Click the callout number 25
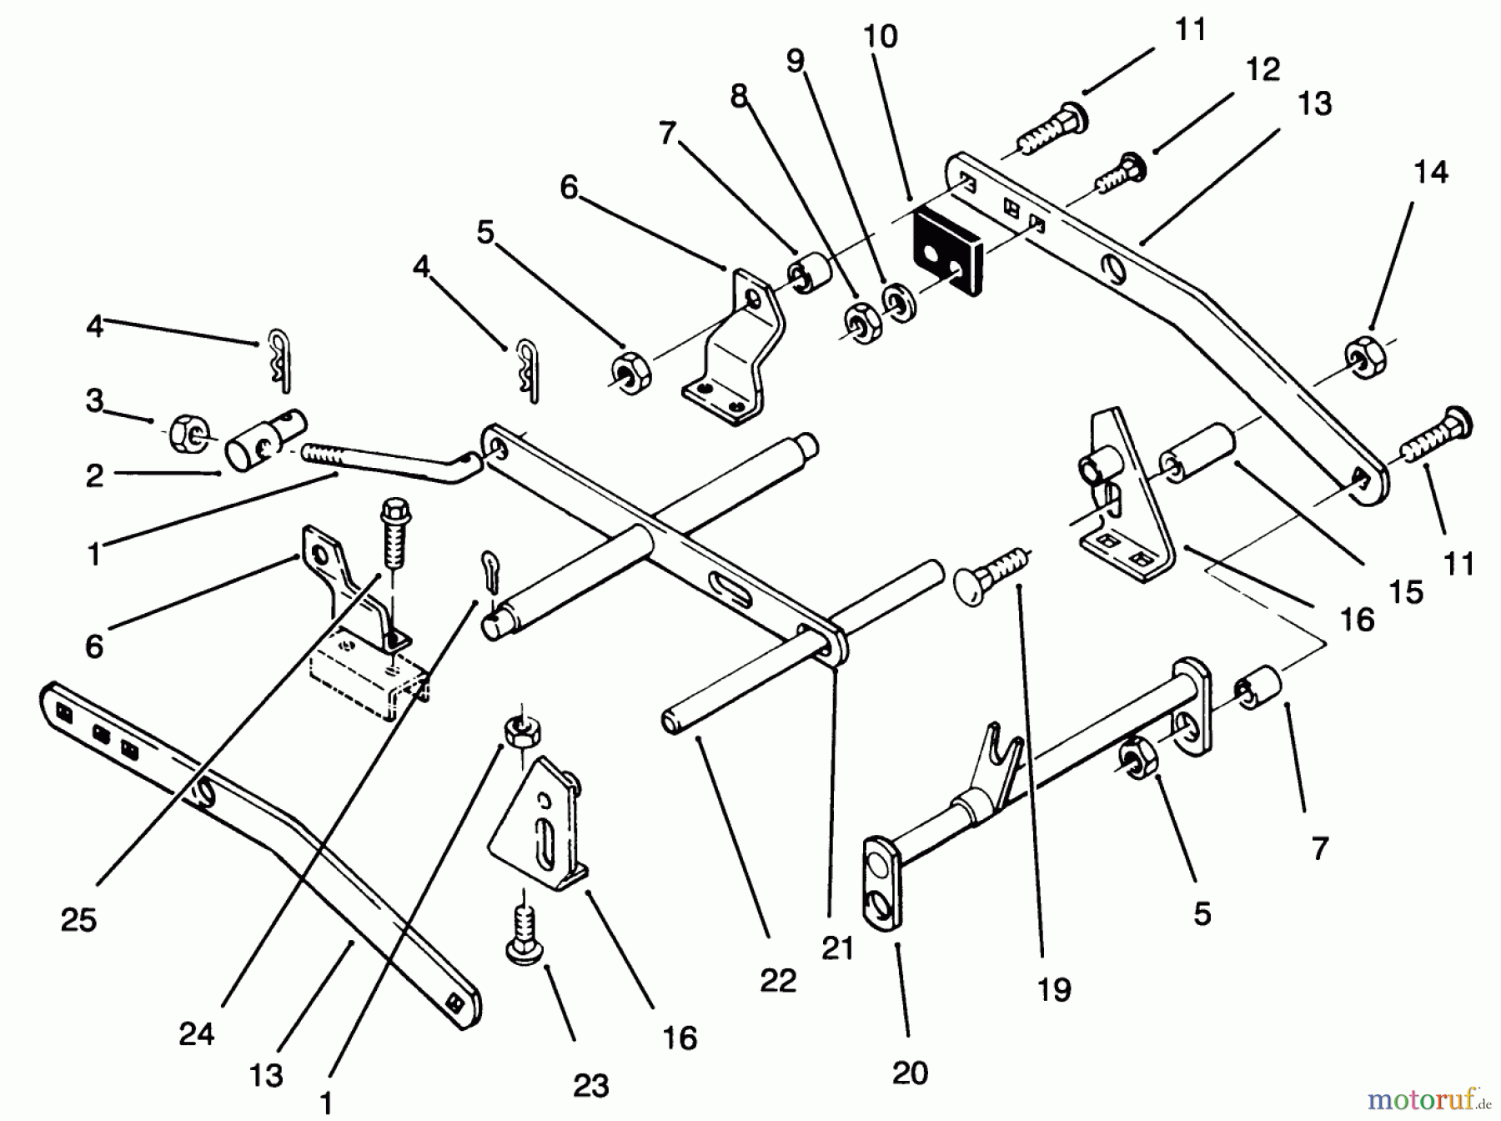[78, 920]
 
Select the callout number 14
[1431, 173]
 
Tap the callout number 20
[909, 1073]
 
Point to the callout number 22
[778, 981]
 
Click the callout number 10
[881, 37]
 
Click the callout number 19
[1054, 990]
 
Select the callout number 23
[590, 1085]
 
